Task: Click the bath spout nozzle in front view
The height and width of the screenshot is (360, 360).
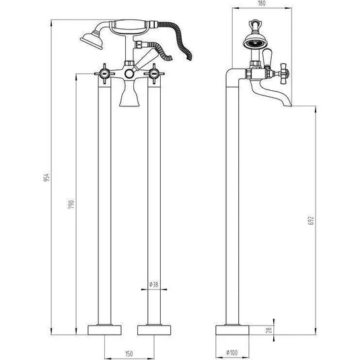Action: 129,98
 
